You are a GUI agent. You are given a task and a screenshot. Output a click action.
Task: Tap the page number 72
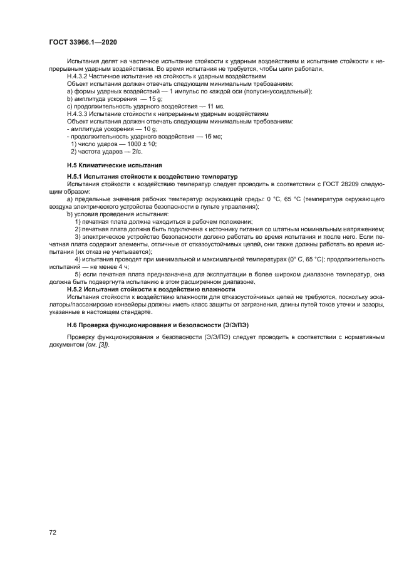click(53, 531)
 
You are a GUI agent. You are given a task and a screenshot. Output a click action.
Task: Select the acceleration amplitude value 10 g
click(149, 128)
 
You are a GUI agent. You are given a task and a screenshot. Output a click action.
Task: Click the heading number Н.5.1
click(75, 177)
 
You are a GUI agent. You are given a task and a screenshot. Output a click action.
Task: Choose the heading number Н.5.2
click(75, 290)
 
